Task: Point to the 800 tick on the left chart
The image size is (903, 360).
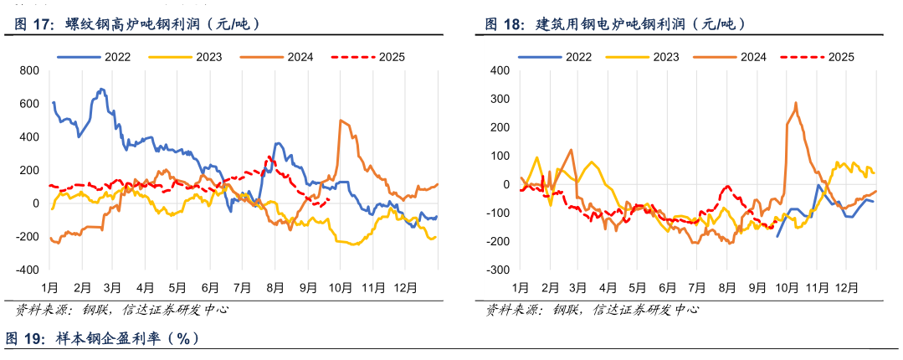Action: point(29,70)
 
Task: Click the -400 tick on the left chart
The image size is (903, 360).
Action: point(28,270)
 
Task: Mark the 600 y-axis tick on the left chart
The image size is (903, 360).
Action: point(29,104)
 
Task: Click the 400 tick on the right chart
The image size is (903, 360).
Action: point(500,70)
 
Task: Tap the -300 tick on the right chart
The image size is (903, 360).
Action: point(498,270)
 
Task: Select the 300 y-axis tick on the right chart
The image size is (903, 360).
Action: point(500,99)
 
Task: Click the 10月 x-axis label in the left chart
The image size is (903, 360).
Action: point(340,288)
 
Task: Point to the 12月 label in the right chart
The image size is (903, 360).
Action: point(846,288)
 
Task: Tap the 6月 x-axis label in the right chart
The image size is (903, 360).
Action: point(667,288)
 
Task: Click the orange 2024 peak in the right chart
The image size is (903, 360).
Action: point(795,103)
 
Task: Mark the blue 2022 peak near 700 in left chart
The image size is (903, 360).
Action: point(101,89)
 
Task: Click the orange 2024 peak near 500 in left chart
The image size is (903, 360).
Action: point(341,121)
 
